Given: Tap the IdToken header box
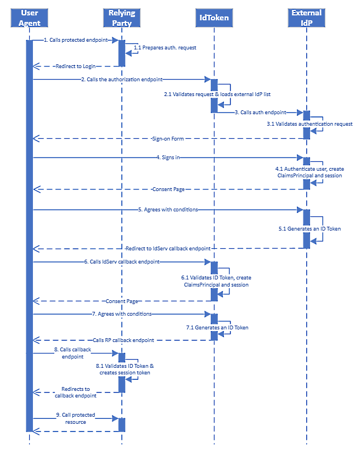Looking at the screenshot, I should (213, 18).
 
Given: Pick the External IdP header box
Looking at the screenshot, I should (307, 17).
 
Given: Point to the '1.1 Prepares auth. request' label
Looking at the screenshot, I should (165, 48).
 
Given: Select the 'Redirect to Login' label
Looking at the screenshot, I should (75, 66).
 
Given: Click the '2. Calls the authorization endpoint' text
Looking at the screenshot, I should (121, 80).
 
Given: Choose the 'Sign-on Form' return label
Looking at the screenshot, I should (167, 139).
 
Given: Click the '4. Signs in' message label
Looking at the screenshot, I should (167, 158).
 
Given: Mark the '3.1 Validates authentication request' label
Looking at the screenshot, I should (310, 124).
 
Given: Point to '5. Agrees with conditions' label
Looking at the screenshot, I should (167, 210).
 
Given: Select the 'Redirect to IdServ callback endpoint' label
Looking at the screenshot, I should (167, 248).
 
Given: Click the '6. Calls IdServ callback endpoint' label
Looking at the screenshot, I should (122, 262).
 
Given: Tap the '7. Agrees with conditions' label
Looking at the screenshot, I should (122, 314).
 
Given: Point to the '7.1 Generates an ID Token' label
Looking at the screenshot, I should (217, 327).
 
